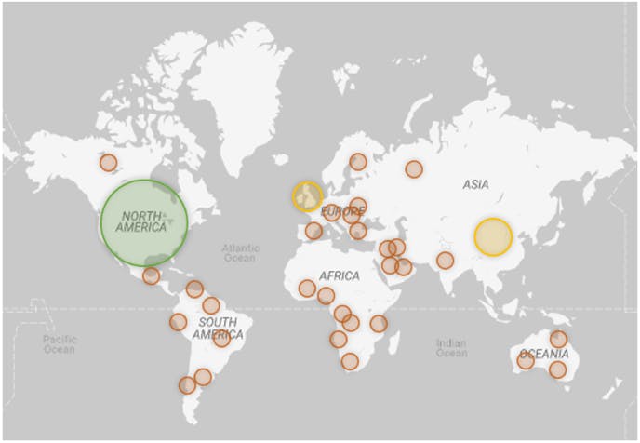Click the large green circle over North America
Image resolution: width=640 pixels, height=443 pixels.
point(144,222)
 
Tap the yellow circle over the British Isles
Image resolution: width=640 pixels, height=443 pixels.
point(307,196)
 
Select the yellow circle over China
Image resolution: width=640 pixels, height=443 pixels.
point(493,236)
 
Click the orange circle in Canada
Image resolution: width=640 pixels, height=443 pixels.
point(108,163)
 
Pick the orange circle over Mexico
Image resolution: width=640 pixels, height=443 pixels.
point(151,275)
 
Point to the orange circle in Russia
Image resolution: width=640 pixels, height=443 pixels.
point(414,169)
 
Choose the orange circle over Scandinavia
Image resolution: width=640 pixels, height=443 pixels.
point(358,162)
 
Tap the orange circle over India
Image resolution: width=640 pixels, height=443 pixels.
point(446,261)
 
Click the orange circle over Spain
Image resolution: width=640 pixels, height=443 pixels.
point(313,231)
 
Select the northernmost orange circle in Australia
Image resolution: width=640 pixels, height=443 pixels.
point(558,339)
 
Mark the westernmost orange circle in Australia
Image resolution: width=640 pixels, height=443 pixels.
point(526,361)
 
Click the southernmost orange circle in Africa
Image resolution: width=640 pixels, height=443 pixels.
point(350,361)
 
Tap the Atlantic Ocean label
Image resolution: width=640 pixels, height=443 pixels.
point(241,253)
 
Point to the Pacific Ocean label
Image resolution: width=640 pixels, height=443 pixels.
point(59,344)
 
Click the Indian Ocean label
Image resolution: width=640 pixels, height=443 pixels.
point(451,348)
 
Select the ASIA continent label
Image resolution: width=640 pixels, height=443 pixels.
point(475,185)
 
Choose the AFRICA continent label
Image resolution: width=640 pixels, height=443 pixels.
point(340,276)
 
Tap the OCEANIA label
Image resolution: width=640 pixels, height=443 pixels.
point(544,354)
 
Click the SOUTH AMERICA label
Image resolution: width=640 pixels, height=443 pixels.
point(217,329)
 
